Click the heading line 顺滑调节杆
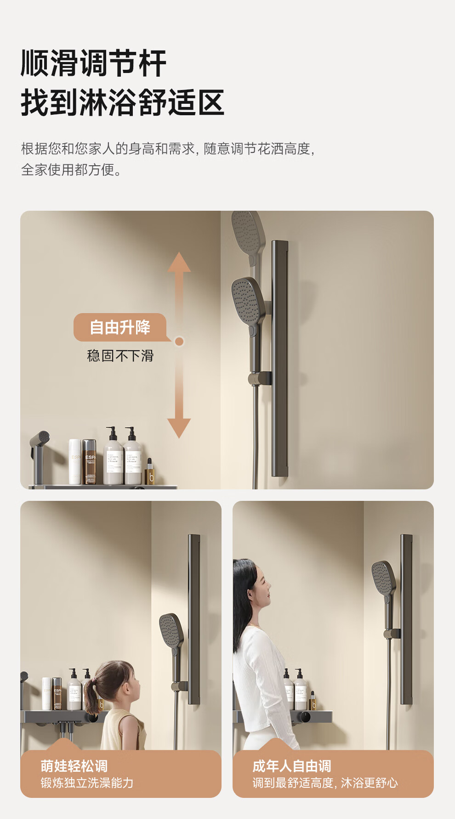tap(93, 63)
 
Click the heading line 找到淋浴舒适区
tap(123, 102)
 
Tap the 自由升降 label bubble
tap(120, 327)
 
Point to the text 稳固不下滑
tap(120, 356)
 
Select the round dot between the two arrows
tap(179, 341)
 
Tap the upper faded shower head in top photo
tap(248, 237)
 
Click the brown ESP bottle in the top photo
tap(89, 461)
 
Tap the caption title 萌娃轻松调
tap(74, 766)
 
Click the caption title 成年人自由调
tap(292, 766)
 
